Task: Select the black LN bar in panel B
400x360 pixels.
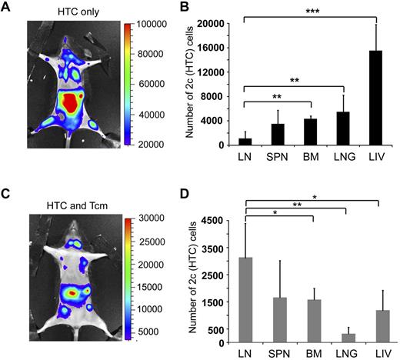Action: pyautogui.click(x=245, y=142)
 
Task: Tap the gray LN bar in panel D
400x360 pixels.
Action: pyautogui.click(x=245, y=300)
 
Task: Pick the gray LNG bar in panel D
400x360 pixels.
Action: pyautogui.click(x=346, y=338)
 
